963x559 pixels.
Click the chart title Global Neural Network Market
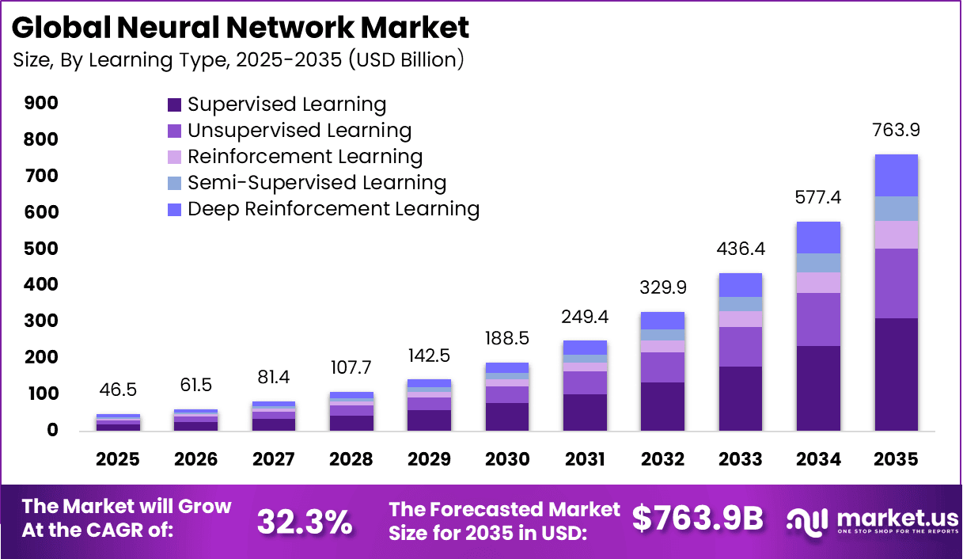[x=241, y=28]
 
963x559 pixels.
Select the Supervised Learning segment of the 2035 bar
[x=896, y=374]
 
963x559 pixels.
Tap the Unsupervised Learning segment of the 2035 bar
[x=896, y=283]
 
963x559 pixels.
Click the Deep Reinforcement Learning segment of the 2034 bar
[x=818, y=238]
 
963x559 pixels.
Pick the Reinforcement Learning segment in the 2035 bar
[x=896, y=235]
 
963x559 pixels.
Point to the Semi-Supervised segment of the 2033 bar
[x=741, y=304]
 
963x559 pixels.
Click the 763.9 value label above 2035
[x=896, y=130]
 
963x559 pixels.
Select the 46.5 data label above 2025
[x=119, y=390]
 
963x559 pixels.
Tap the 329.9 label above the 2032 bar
[x=662, y=287]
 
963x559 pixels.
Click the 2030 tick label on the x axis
[x=507, y=460]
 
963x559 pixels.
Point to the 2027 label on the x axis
[x=274, y=460]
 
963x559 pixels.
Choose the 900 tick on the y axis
[x=41, y=104]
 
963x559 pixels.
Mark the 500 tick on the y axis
[x=41, y=249]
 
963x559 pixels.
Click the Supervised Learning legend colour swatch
[x=174, y=105]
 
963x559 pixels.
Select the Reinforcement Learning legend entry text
[x=305, y=157]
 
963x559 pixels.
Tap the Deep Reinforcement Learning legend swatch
[x=174, y=210]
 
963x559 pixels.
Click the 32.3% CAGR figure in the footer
[x=305, y=521]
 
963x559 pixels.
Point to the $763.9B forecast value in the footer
[x=698, y=519]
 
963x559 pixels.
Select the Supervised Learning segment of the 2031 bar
[x=585, y=412]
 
